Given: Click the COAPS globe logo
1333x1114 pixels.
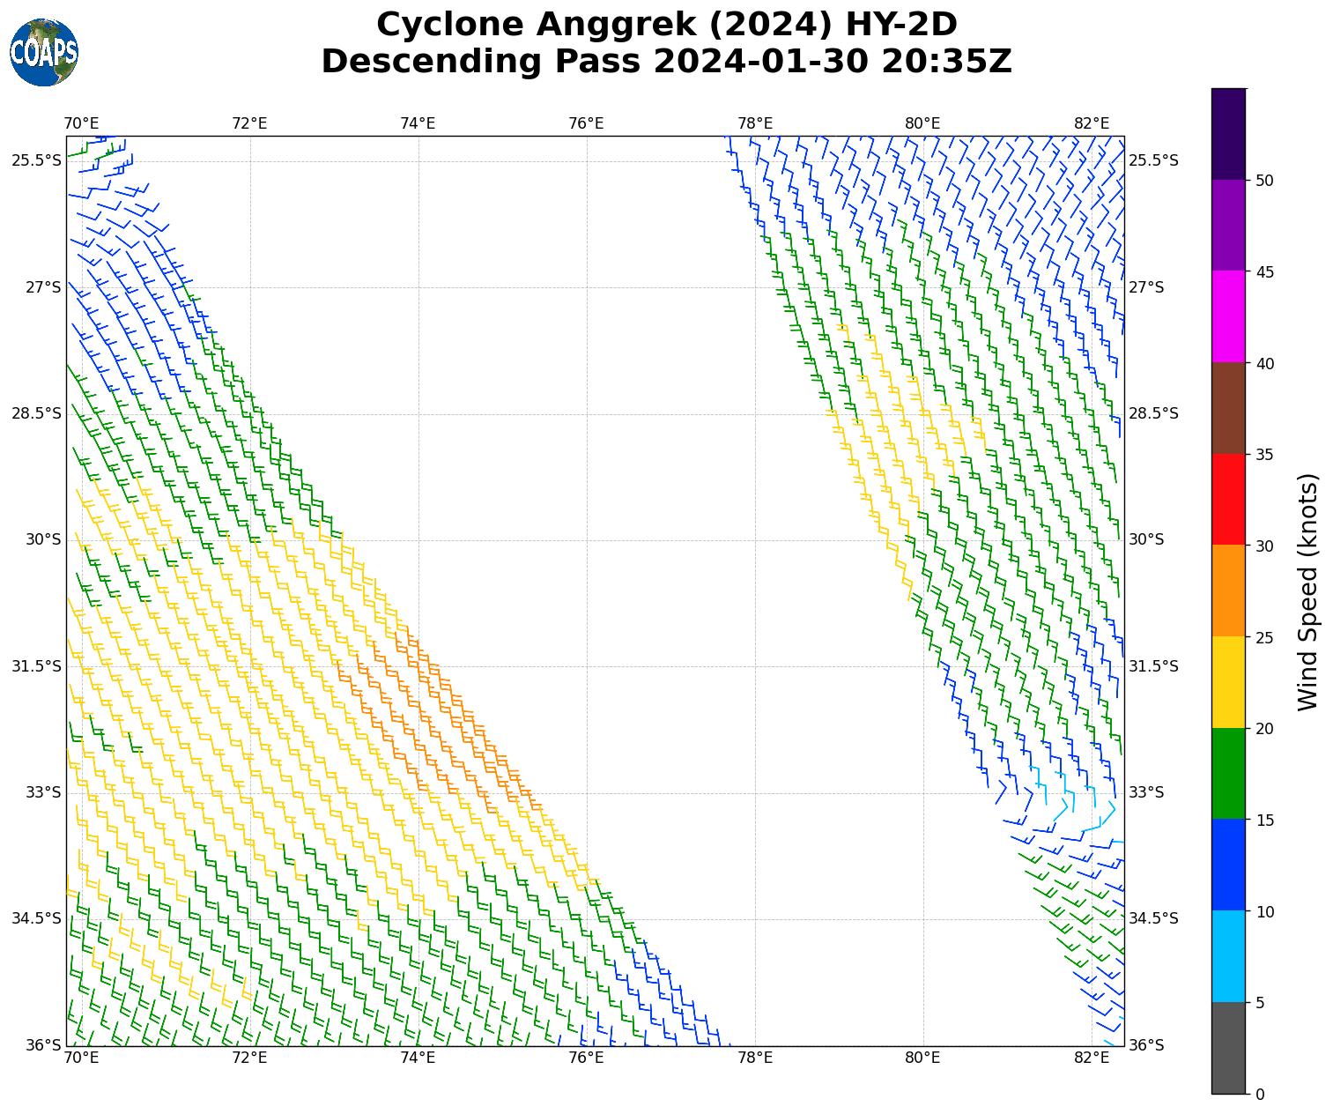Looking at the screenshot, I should pyautogui.click(x=44, y=52).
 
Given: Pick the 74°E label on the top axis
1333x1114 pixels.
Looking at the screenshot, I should pyautogui.click(x=418, y=123).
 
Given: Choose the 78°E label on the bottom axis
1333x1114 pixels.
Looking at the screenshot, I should pyautogui.click(x=755, y=1058).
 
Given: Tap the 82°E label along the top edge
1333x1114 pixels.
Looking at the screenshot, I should pyautogui.click(x=1092, y=123).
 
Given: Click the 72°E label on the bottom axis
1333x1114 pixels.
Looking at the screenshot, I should pyautogui.click(x=249, y=1058).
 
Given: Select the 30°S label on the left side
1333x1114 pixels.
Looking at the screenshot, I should pyautogui.click(x=43, y=539).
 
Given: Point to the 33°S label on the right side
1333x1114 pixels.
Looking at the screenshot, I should pyautogui.click(x=1146, y=792).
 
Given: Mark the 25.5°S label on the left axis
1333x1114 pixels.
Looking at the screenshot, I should pyautogui.click(x=36, y=160).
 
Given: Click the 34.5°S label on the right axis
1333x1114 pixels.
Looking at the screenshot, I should pyautogui.click(x=1153, y=918).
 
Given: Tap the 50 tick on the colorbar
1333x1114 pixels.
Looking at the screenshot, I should pyautogui.click(x=1264, y=181).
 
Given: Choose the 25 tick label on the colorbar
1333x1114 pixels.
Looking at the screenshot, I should pyautogui.click(x=1264, y=637).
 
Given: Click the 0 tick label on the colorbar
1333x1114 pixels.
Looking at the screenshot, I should pyautogui.click(x=1260, y=1095).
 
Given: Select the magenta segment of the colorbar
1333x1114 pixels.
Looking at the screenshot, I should pyautogui.click(x=1229, y=316).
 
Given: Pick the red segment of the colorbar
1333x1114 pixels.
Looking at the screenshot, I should pyautogui.click(x=1229, y=500).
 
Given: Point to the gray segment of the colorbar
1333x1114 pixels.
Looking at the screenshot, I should pyautogui.click(x=1229, y=1048).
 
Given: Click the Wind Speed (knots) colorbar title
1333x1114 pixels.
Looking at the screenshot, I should pyautogui.click(x=1309, y=591).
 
